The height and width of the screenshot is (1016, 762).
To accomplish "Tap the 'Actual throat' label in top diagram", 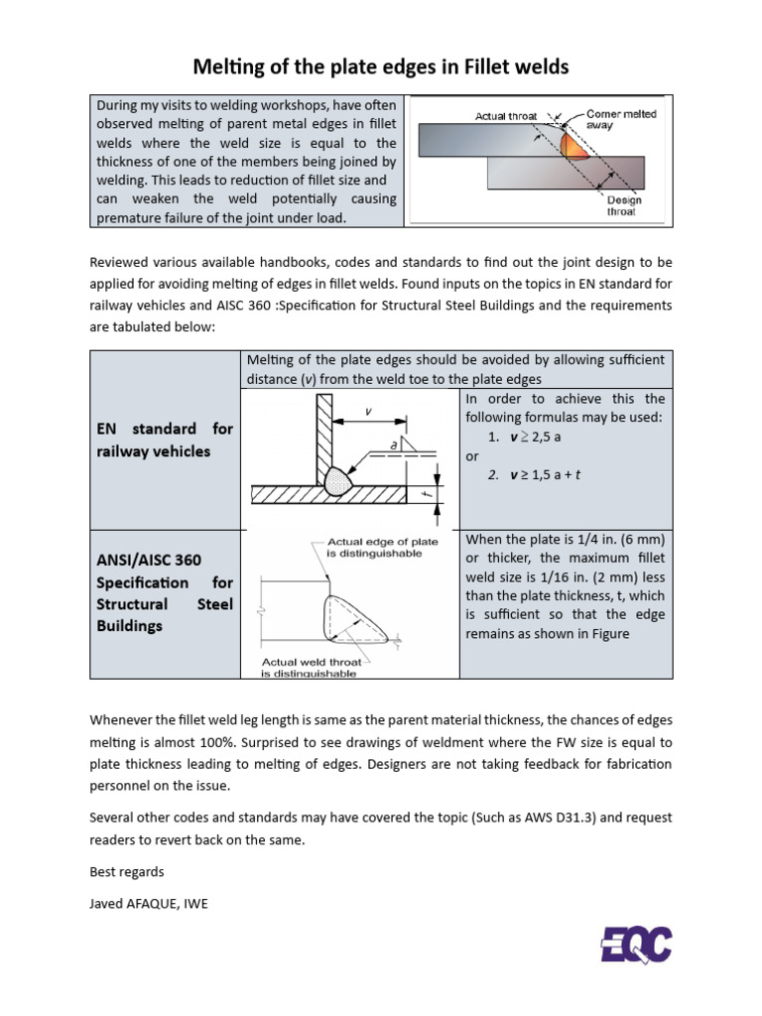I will (x=506, y=116).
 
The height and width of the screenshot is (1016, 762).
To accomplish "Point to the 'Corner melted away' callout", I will (x=621, y=119).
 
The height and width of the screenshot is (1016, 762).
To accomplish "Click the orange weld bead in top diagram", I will (x=574, y=147).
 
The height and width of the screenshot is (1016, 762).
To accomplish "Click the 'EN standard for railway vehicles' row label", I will (x=164, y=440).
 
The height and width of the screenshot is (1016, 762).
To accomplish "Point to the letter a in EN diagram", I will (x=393, y=445).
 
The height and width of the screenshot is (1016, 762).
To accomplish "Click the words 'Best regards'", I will (x=127, y=872).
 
